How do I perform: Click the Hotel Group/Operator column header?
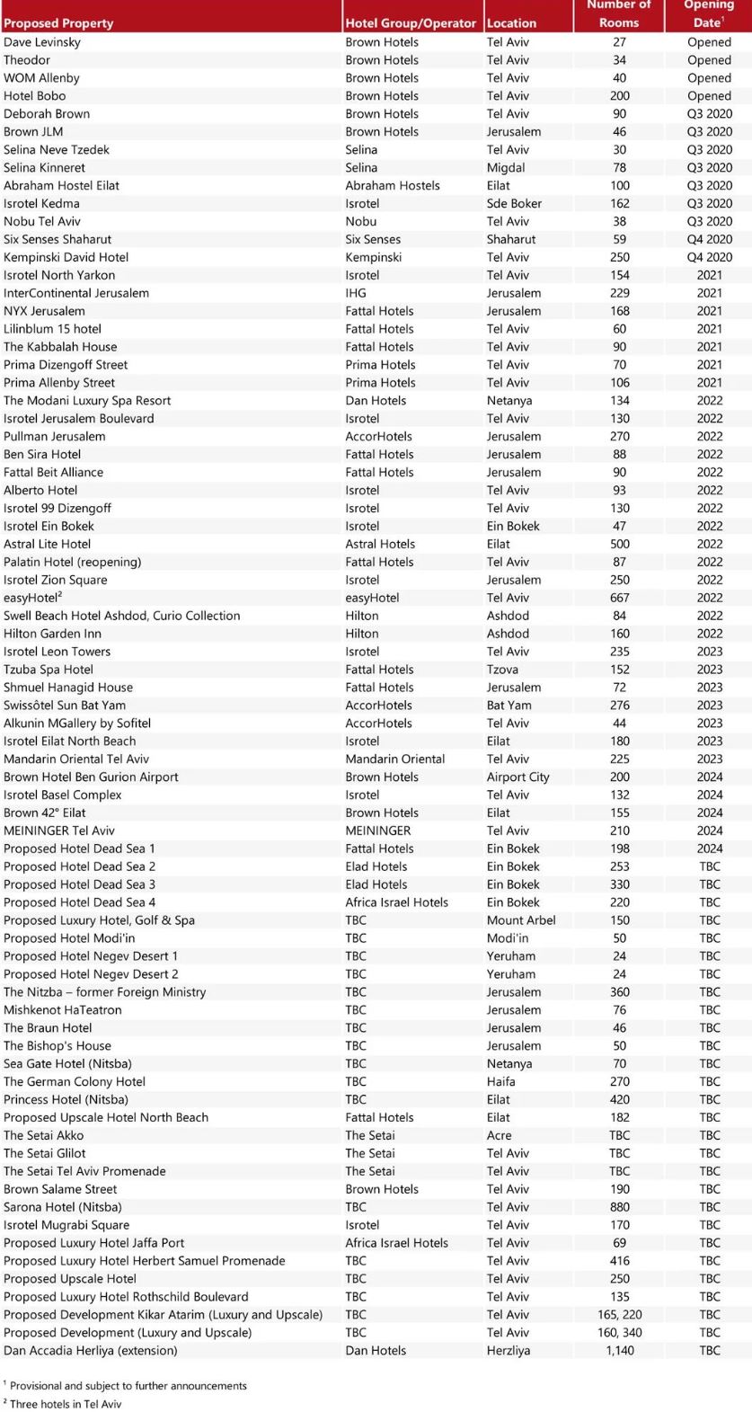tap(411, 23)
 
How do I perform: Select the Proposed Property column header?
tap(58, 23)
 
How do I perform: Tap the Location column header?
tap(511, 23)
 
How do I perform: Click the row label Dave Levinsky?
tap(42, 42)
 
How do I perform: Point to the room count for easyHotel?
tap(619, 598)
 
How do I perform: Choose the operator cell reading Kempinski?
tap(374, 257)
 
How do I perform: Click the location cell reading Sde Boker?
tap(514, 203)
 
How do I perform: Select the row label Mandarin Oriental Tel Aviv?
tap(76, 759)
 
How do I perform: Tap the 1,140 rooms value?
tap(619, 1350)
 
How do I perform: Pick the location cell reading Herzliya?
tap(511, 1350)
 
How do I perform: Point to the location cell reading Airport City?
tap(518, 777)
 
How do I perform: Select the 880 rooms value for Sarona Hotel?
tap(619, 1207)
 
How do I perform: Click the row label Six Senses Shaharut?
tap(58, 239)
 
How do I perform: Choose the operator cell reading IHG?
tap(357, 293)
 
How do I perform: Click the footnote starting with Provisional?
tap(128, 1386)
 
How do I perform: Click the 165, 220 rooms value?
tap(619, 1314)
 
